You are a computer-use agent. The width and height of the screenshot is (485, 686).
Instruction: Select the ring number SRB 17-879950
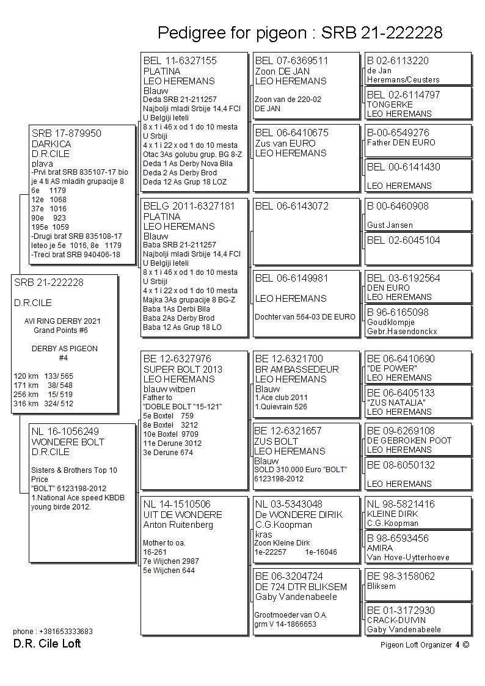pyautogui.click(x=67, y=134)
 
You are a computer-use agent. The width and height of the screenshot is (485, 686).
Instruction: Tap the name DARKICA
pyautogui.click(x=51, y=144)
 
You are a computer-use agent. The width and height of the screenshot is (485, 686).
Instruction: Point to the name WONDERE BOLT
pyautogui.click(x=68, y=442)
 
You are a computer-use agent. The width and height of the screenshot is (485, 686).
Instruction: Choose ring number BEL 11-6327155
pyautogui.click(x=180, y=61)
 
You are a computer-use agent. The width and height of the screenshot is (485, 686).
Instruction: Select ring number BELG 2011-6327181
pyautogui.click(x=189, y=206)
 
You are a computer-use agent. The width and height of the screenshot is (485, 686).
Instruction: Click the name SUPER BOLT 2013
pyautogui.click(x=183, y=369)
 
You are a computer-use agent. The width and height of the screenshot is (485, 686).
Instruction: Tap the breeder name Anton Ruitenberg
pyautogui.click(x=178, y=525)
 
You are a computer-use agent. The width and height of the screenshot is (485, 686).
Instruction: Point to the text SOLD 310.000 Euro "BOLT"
pyautogui.click(x=301, y=470)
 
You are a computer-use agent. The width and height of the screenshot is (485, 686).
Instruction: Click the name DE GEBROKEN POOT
pyautogui.click(x=409, y=440)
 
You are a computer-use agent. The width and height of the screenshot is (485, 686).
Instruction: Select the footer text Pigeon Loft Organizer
pyautogui.click(x=415, y=644)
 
